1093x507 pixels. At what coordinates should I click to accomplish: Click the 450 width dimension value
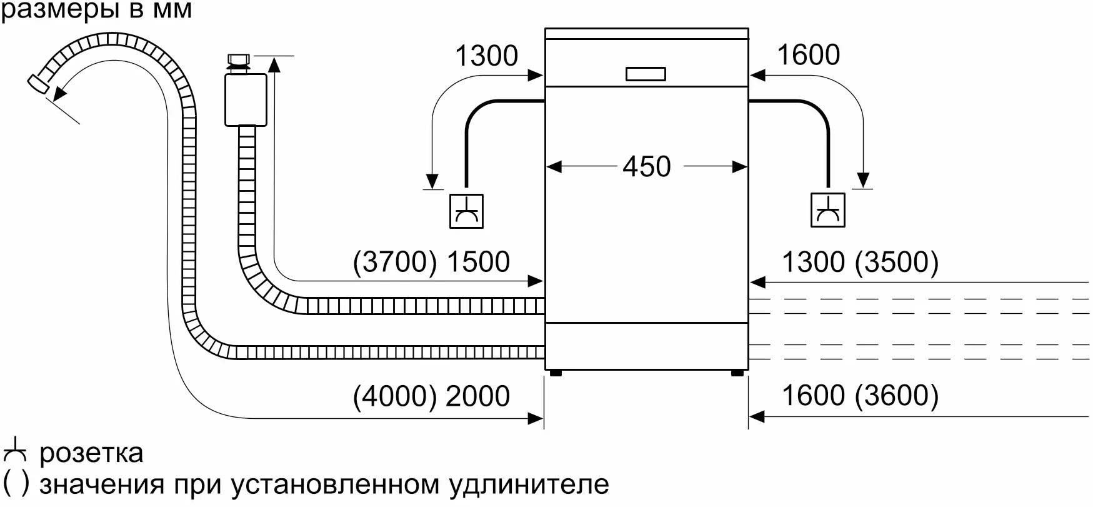(646, 166)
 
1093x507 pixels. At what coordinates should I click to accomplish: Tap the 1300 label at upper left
(486, 56)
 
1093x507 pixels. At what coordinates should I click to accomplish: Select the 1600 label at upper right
(808, 55)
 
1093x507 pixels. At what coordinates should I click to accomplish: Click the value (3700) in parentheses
(395, 262)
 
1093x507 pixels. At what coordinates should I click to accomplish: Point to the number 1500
(478, 262)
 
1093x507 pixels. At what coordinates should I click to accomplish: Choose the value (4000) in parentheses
(395, 396)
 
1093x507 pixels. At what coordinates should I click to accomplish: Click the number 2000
(478, 396)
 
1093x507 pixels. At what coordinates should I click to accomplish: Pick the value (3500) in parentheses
(897, 262)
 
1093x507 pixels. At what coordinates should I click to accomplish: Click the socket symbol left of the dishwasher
(466, 211)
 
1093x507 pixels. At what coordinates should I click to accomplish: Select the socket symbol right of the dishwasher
(828, 210)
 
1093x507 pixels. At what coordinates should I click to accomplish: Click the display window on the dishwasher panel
(646, 74)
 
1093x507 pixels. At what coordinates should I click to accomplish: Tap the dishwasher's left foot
(555, 373)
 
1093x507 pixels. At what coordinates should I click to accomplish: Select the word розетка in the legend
(91, 453)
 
